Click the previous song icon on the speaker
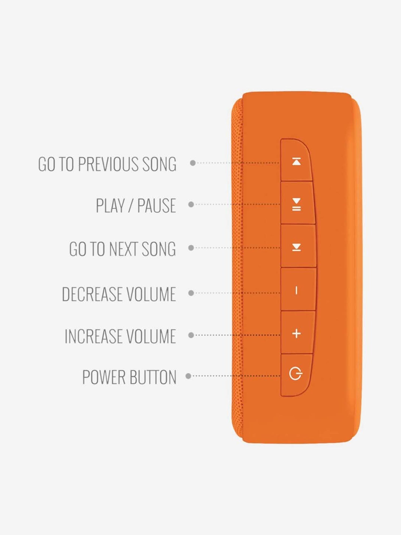pyautogui.click(x=296, y=162)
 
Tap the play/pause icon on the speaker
pyautogui.click(x=296, y=205)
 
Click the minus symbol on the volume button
pyautogui.click(x=296, y=290)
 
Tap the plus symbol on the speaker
pyautogui.click(x=296, y=334)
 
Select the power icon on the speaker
pyautogui.click(x=296, y=374)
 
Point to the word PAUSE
pyautogui.click(x=156, y=206)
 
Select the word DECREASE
pyautogui.click(x=92, y=294)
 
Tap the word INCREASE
pyautogui.click(x=94, y=336)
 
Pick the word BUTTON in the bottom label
pyautogui.click(x=153, y=377)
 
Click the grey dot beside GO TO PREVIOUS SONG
pyautogui.click(x=192, y=163)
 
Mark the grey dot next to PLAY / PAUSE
pyautogui.click(x=191, y=204)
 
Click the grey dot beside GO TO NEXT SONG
pyautogui.click(x=191, y=248)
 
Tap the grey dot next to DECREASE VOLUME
pyautogui.click(x=191, y=293)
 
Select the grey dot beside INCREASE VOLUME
pyautogui.click(x=191, y=335)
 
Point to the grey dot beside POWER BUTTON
pyautogui.click(x=188, y=376)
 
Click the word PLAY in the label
pyautogui.click(x=110, y=206)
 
